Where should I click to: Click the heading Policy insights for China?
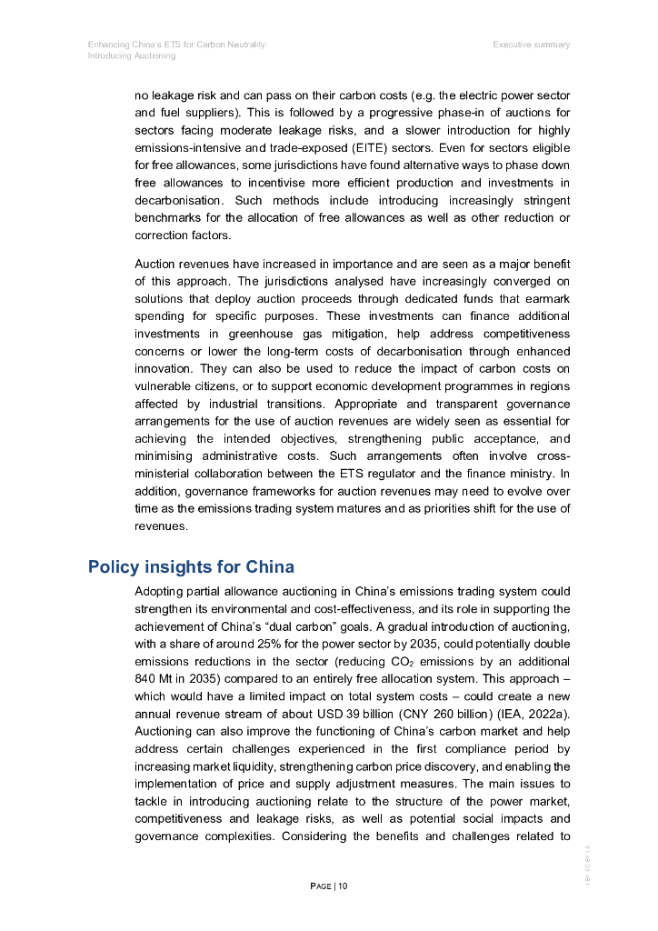[191, 567]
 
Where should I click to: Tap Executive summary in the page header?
[532, 45]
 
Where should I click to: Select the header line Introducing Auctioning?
[132, 56]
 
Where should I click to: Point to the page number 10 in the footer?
[343, 886]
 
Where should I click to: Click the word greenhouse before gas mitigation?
[260, 334]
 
